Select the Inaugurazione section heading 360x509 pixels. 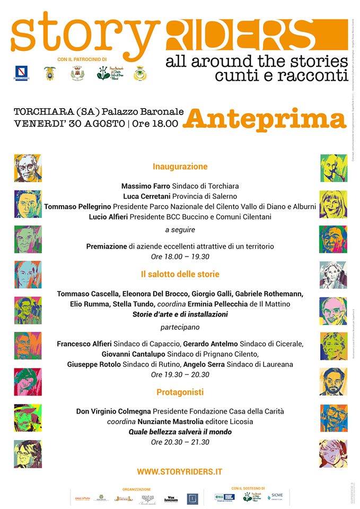(x=180, y=166)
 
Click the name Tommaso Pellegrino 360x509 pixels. (x=77, y=206)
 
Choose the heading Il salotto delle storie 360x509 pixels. (x=180, y=275)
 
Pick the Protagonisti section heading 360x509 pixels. (x=180, y=392)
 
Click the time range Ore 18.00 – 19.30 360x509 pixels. (x=180, y=257)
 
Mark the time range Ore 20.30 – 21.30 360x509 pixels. (x=180, y=442)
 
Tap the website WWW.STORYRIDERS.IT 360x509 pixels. (x=180, y=471)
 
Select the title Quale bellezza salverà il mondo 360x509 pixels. (x=180, y=432)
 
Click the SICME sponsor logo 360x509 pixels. (x=276, y=496)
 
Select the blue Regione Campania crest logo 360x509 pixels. (x=22, y=73)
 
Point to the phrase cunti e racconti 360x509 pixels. (x=277, y=75)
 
